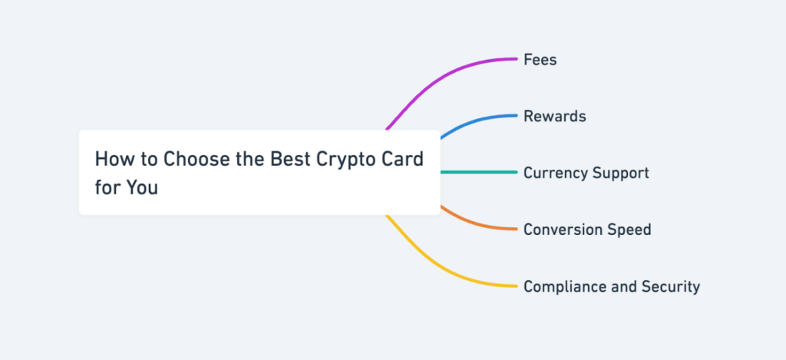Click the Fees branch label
[x=540, y=59]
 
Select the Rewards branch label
[x=554, y=116]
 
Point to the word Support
[x=619, y=173]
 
